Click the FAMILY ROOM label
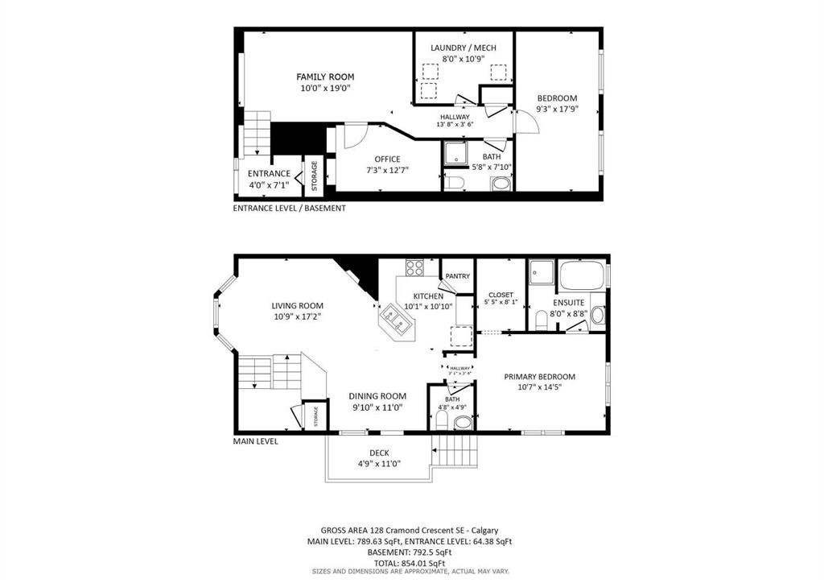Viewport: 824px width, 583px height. click(x=325, y=77)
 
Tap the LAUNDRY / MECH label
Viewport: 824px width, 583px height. click(x=463, y=48)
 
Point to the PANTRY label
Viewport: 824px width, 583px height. click(x=458, y=277)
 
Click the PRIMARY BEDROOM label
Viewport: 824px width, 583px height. click(x=539, y=376)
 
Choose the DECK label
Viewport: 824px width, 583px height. click(x=379, y=453)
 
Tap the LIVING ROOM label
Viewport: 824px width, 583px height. click(x=297, y=306)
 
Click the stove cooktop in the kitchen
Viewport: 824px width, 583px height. click(x=415, y=267)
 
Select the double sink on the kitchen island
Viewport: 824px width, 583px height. click(x=396, y=318)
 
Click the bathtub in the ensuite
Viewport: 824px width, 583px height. click(x=583, y=276)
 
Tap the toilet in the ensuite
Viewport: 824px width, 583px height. click(x=542, y=322)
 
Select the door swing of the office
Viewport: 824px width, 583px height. click(x=354, y=135)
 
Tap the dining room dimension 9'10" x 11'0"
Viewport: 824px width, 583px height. click(x=377, y=407)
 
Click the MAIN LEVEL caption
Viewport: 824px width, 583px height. click(x=256, y=441)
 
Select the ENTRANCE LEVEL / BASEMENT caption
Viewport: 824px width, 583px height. click(x=289, y=208)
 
